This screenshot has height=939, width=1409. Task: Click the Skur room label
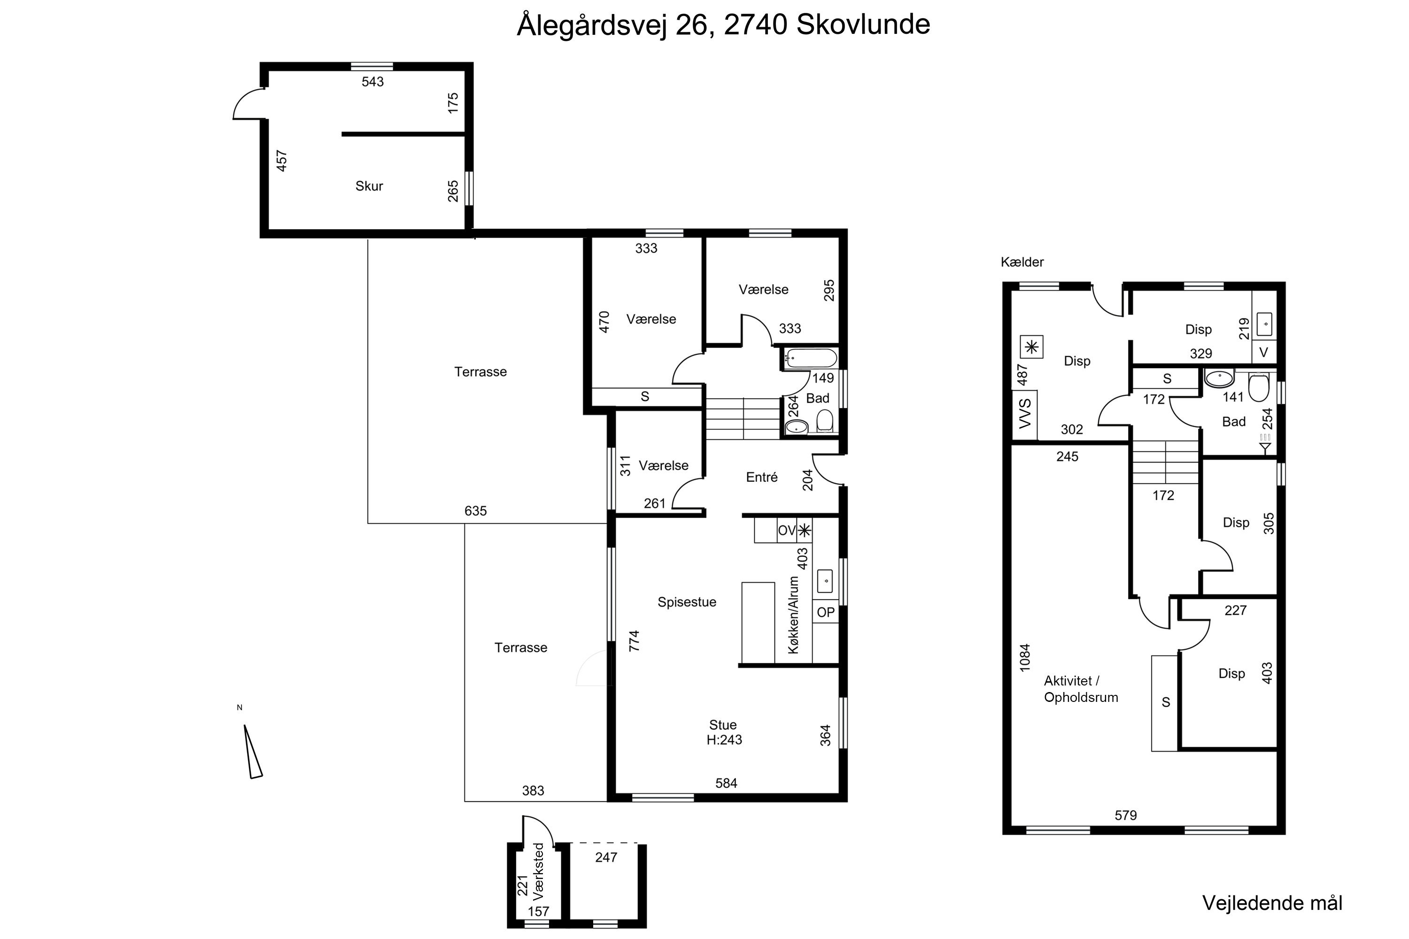[x=369, y=186]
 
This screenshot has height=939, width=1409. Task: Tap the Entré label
[x=761, y=477]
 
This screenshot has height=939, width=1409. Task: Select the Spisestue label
[x=687, y=602]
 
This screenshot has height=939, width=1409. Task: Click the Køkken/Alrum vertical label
[x=794, y=615]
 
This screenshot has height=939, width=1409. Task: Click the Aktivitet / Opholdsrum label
[x=1081, y=689]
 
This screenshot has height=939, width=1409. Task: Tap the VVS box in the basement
[x=1025, y=413]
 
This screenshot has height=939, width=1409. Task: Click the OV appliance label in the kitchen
[x=786, y=531]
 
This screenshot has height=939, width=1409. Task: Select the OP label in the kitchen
[x=826, y=613]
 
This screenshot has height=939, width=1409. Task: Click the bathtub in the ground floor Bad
[x=811, y=359]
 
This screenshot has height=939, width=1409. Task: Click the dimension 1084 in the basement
[x=1025, y=658]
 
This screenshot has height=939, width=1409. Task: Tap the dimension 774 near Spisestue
[x=634, y=641]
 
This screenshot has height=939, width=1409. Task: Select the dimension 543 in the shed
[x=372, y=82]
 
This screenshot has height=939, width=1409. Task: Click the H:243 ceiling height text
[x=724, y=740]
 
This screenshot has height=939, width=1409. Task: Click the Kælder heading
[x=1022, y=262]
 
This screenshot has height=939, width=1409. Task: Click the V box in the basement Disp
[x=1263, y=353]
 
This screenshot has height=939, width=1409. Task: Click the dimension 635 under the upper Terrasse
[x=476, y=511]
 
